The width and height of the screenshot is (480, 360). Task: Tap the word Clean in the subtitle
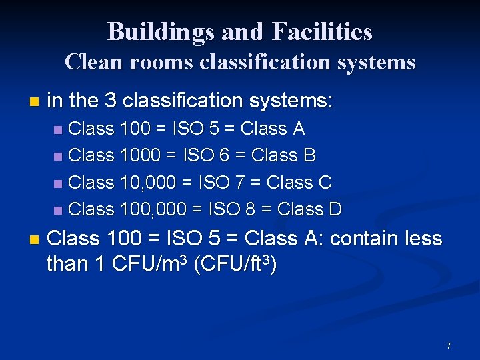[91, 62]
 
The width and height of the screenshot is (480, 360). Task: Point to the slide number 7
[449, 345]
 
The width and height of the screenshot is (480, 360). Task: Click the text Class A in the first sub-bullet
[273, 128]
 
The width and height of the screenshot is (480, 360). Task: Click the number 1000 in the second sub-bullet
[141, 155]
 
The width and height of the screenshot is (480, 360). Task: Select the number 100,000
[153, 209]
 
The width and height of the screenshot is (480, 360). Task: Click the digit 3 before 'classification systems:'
[111, 101]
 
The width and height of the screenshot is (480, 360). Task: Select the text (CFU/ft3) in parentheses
[235, 264]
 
